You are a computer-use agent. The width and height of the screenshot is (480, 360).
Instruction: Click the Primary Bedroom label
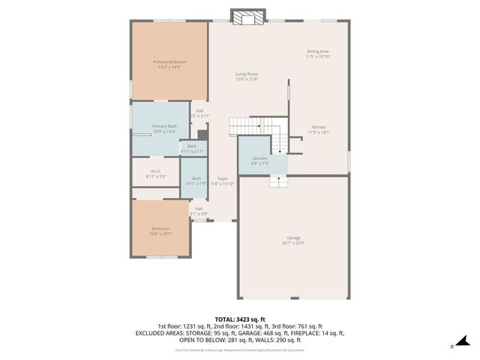tap(169, 61)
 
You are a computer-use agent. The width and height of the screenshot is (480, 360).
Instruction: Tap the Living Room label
tap(247, 73)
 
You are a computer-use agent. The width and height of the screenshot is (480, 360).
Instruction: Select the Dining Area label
tap(318, 51)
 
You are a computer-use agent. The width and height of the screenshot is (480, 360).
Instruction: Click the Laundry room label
tap(260, 158)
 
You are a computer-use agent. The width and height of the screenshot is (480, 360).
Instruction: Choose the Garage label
tap(293, 238)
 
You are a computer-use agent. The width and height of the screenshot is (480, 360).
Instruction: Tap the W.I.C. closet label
tap(156, 171)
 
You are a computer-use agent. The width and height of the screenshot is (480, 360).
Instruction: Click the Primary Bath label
tap(164, 126)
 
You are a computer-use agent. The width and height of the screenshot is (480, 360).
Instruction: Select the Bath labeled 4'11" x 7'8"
tap(196, 178)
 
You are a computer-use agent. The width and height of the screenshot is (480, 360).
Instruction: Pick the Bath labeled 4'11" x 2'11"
tap(192, 145)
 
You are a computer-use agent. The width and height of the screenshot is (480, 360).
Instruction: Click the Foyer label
tap(223, 178)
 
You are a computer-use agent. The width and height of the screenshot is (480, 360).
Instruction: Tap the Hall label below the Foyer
tap(199, 208)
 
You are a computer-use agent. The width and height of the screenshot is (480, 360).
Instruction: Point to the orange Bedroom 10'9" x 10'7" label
tap(160, 229)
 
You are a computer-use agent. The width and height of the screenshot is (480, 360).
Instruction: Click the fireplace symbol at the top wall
tap(247, 16)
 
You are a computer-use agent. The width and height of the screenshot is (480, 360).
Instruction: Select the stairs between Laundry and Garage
tap(277, 182)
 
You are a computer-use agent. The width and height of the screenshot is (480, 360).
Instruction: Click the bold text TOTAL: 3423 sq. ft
tap(240, 319)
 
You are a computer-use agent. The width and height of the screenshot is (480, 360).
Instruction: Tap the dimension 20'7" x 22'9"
tap(293, 243)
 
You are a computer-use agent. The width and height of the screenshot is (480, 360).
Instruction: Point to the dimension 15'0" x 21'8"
tap(247, 79)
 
